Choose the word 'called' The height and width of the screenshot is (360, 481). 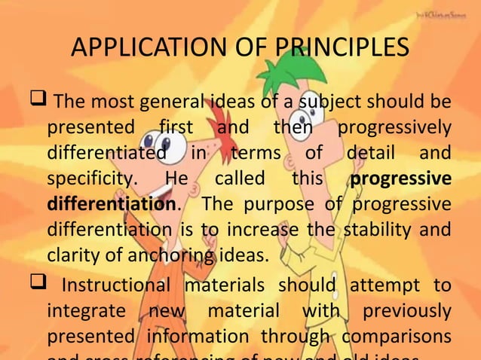[x=240, y=180]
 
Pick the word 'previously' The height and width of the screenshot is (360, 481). [x=406, y=311]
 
